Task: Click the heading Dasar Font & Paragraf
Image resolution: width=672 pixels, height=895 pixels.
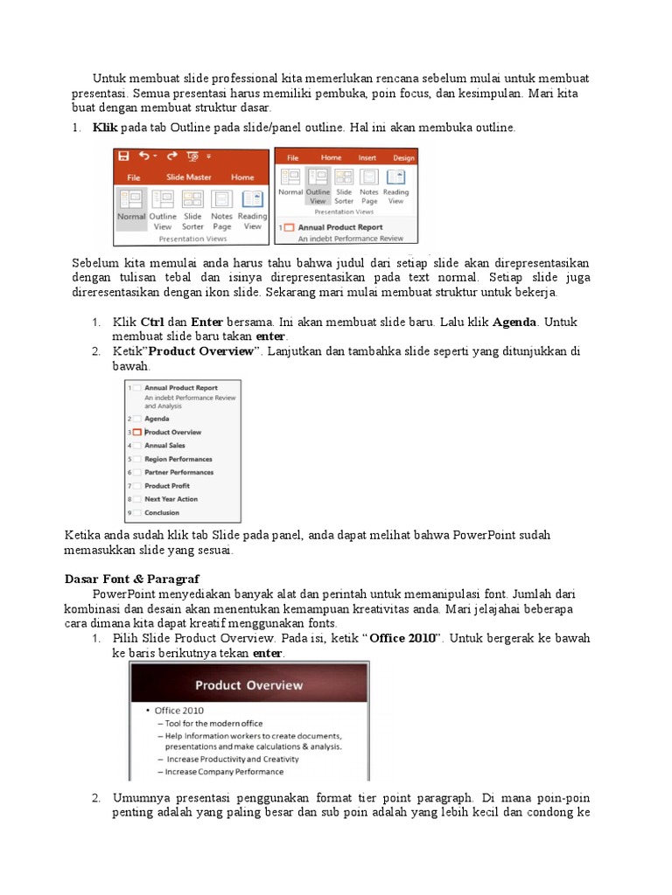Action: (x=132, y=579)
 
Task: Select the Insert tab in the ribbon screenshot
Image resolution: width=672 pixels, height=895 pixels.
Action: (x=367, y=158)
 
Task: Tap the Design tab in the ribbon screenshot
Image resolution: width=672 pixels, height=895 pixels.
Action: (x=403, y=158)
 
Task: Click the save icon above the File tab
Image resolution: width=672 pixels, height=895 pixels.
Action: (x=124, y=156)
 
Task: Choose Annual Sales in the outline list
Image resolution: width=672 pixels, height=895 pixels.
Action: (x=164, y=446)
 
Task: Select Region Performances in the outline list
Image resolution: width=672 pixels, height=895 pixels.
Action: (x=178, y=459)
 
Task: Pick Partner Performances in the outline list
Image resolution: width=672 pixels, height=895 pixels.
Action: (x=178, y=473)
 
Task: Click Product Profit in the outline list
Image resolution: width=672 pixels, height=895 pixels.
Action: (x=167, y=486)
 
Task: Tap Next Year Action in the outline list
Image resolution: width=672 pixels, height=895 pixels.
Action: (x=171, y=499)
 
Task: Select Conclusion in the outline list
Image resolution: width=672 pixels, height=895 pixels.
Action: (x=162, y=513)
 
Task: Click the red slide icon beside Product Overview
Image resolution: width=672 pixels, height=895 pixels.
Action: (x=136, y=433)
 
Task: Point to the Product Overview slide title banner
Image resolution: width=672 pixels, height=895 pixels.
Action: (x=248, y=685)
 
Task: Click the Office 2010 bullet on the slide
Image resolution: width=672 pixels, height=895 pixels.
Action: (x=178, y=711)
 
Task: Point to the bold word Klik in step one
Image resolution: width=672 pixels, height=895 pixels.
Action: (x=105, y=128)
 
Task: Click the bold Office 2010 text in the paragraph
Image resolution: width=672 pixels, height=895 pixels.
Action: (x=402, y=639)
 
